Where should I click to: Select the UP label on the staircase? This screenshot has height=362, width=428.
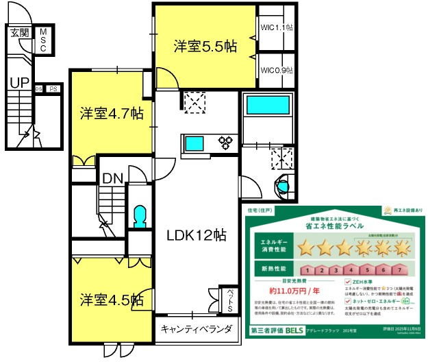click(x=18, y=83)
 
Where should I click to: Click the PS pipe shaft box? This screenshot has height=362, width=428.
click(x=52, y=88)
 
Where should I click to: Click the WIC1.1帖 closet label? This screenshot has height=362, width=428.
click(x=277, y=28)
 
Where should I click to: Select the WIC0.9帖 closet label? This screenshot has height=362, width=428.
click(x=277, y=70)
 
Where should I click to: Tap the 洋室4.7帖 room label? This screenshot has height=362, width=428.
click(x=110, y=113)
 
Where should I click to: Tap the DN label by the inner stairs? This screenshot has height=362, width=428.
click(x=112, y=179)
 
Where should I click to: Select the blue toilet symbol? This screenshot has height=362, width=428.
click(x=140, y=216)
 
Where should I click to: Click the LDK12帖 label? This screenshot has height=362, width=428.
click(x=197, y=234)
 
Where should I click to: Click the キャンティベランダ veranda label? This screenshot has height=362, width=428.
click(x=197, y=329)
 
